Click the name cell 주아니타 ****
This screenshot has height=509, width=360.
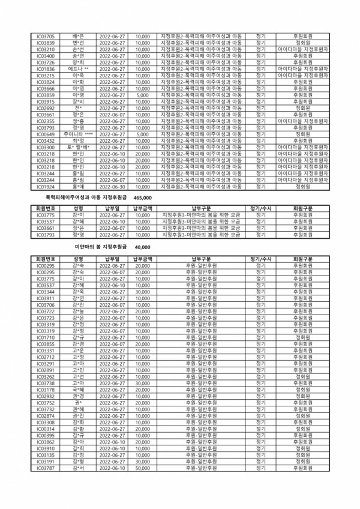point(78,134)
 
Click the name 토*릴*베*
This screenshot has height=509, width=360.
point(78,148)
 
